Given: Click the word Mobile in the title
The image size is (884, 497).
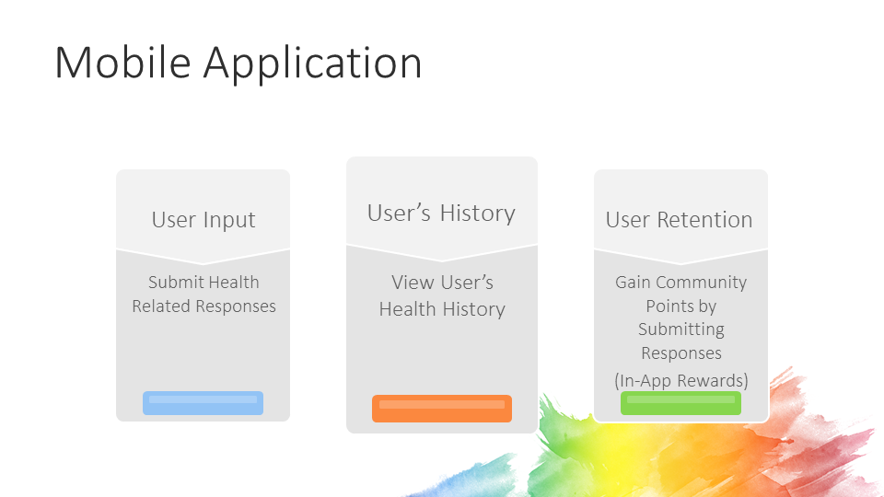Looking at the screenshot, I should (x=123, y=63).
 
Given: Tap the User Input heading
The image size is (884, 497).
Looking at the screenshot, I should (x=204, y=220).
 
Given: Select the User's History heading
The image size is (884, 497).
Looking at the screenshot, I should (x=441, y=214).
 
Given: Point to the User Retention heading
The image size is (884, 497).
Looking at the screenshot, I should (x=679, y=220).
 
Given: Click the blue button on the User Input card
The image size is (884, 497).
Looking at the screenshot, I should (x=203, y=403).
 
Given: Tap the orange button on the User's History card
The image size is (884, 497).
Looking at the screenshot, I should (x=442, y=409).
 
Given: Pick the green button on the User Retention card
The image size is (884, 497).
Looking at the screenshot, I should (x=680, y=403).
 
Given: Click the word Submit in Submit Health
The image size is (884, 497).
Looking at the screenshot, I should (x=175, y=283).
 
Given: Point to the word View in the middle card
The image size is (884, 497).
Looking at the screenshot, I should (x=412, y=283).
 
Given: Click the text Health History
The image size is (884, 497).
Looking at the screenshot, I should (x=442, y=309).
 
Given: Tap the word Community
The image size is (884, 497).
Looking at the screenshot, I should (x=701, y=283).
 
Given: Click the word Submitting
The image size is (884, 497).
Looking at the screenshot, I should (x=681, y=329).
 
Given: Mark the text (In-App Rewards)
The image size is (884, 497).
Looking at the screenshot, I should (x=681, y=380).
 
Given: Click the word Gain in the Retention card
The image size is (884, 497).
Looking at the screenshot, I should (x=633, y=283).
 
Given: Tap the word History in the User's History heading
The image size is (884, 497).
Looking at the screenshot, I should (x=477, y=214).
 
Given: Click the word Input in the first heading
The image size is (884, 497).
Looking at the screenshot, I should (x=229, y=221).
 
